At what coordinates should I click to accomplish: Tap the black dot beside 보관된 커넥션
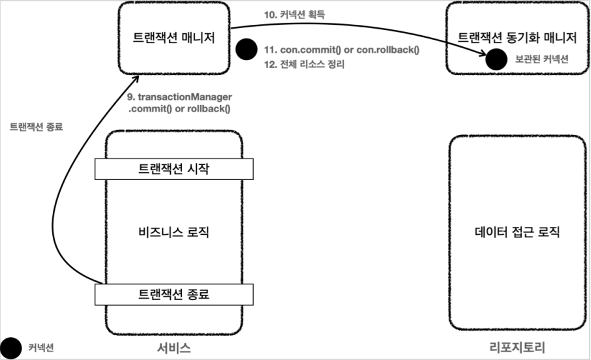(496, 59)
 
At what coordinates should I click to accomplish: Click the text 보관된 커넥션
(542, 59)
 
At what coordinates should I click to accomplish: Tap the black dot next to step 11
(245, 50)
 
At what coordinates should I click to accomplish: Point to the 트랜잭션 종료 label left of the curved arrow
(36, 127)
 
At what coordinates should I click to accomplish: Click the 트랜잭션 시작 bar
(173, 168)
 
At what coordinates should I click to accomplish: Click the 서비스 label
(173, 348)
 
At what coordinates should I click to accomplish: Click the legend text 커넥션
(40, 348)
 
